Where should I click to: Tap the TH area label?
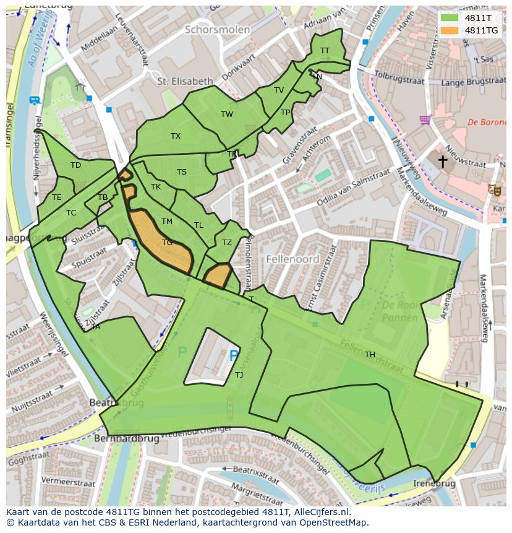click(x=370, y=355)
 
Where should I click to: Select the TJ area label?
click(x=239, y=375)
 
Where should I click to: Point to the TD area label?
click(x=75, y=165)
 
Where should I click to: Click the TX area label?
click(x=176, y=136)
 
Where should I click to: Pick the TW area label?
click(x=227, y=115)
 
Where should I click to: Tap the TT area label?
click(x=325, y=51)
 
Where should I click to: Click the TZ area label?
click(x=227, y=243)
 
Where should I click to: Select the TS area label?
click(x=182, y=172)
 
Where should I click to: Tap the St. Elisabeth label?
click(x=185, y=81)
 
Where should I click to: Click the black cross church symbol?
click(x=443, y=162)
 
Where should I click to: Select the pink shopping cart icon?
click(x=425, y=119)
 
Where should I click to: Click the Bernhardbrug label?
click(x=127, y=439)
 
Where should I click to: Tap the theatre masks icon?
click(x=494, y=190)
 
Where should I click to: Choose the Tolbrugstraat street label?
click(x=400, y=80)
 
